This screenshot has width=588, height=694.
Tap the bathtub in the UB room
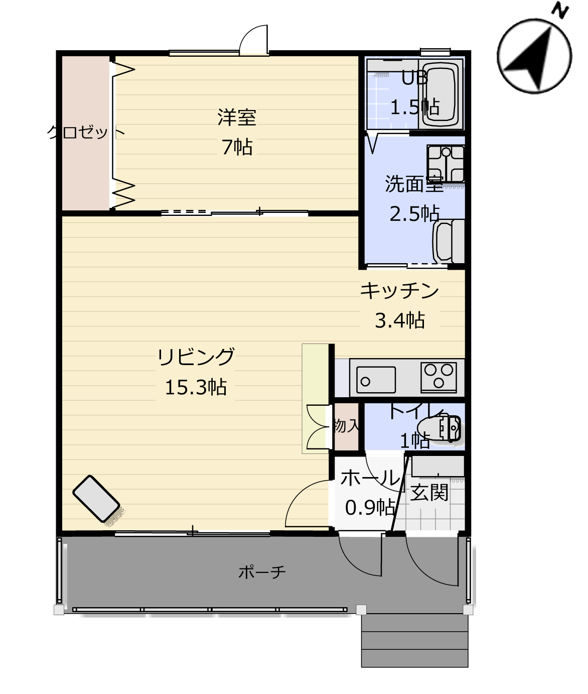coord(440,94)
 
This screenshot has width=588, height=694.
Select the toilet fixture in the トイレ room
coord(439,428)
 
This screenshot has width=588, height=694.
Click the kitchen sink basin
coord(376,380)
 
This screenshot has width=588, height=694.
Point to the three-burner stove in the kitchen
coord(438,378)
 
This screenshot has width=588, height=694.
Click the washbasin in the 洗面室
coord(446,164)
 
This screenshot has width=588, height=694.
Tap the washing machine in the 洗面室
coord(449,242)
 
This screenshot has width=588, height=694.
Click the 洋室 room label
coord(237,117)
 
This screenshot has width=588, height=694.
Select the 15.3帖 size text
coord(196,387)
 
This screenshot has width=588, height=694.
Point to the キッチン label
coord(399,290)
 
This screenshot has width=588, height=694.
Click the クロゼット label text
coord(86,132)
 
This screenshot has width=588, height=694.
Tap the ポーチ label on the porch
coord(262,571)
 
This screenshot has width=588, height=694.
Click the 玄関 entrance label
coord(429,492)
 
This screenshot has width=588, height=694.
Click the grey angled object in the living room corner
coord(96,499)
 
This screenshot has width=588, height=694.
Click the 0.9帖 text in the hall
coord(370,507)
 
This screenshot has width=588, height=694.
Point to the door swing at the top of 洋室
coord(254,39)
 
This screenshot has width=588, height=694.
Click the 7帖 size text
coord(237,147)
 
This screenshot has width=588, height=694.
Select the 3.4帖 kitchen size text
coord(399,320)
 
